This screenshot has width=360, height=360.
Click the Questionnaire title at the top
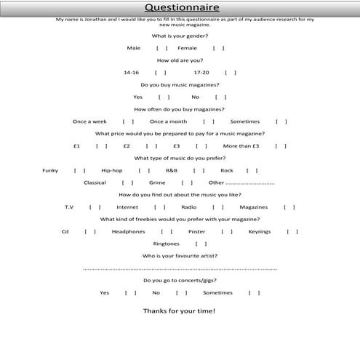pyautogui.click(x=180, y=7)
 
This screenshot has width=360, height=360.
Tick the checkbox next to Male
pyautogui.click(x=161, y=48)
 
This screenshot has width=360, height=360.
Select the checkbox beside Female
pyautogui.click(x=218, y=48)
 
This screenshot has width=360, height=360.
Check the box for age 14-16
pyautogui.click(x=160, y=73)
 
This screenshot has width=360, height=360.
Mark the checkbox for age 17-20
pyautogui.click(x=230, y=73)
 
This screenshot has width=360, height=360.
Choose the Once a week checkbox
pyautogui.click(x=128, y=121)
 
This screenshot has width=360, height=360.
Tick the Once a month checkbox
pyautogui.click(x=209, y=121)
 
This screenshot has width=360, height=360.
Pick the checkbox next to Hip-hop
pyautogui.click(x=144, y=170)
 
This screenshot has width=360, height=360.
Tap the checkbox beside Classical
pyautogui.click(x=127, y=183)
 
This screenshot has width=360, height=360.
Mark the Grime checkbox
pyautogui.click(x=187, y=183)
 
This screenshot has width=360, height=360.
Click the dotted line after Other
pyautogui.click(x=251, y=183)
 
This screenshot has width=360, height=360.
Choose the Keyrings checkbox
pyautogui.click(x=292, y=232)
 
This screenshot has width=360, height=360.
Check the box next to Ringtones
pyautogui.click(x=201, y=244)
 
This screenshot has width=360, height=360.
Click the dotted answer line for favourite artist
pyautogui.click(x=180, y=268)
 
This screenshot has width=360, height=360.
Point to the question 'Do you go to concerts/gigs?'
pyautogui.click(x=180, y=280)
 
